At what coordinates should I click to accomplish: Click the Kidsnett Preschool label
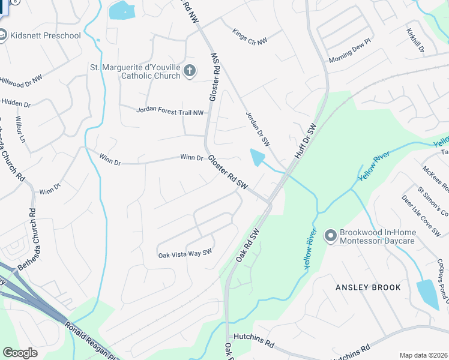45,35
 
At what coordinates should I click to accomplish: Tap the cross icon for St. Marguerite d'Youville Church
189,71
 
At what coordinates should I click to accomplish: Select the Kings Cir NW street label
250,36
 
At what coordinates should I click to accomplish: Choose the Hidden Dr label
11,103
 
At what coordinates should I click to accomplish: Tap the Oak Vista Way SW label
185,254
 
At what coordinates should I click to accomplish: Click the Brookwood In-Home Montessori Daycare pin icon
330,236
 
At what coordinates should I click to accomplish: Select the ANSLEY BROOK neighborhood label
368,287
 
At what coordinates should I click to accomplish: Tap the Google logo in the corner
20,353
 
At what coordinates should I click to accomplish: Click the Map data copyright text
424,355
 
